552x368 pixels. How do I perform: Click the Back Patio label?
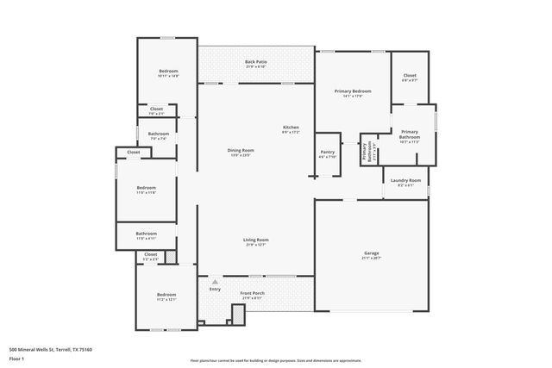point(254,62)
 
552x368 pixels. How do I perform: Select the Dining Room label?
point(239,151)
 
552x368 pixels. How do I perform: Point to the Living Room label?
point(256,240)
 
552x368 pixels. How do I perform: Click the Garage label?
point(371,253)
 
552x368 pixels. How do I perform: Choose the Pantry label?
point(327,152)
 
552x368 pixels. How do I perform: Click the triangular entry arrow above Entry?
point(215,281)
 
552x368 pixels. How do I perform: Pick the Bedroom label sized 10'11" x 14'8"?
point(168,71)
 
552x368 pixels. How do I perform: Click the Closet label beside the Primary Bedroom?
point(410,76)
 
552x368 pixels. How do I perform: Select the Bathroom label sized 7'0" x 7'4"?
point(158,134)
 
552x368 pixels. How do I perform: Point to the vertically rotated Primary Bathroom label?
point(369,152)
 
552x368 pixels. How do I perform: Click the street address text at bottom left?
point(50,349)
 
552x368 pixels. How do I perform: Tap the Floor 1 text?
point(16,357)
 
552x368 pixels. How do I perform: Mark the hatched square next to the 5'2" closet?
point(171,257)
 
